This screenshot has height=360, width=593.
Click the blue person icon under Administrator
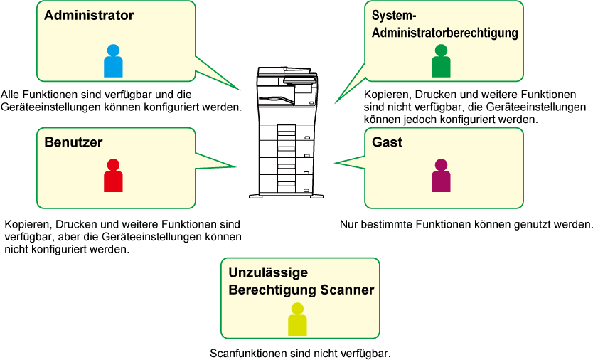[x=113, y=61]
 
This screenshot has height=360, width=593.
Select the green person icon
[x=441, y=61]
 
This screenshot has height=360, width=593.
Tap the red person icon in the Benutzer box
[x=113, y=175]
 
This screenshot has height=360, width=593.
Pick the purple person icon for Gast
[x=441, y=175]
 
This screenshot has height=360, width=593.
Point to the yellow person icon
[x=297, y=319]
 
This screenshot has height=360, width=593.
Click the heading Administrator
[x=89, y=15]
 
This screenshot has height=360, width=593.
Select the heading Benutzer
[x=73, y=142]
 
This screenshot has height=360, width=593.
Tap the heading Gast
[x=387, y=142]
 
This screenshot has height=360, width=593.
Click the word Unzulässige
[x=268, y=272]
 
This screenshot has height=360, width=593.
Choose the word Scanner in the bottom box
[x=347, y=290]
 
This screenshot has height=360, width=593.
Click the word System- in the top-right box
[x=394, y=16]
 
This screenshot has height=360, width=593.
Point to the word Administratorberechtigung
[x=445, y=33]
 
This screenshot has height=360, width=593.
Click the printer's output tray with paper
[x=275, y=100]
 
